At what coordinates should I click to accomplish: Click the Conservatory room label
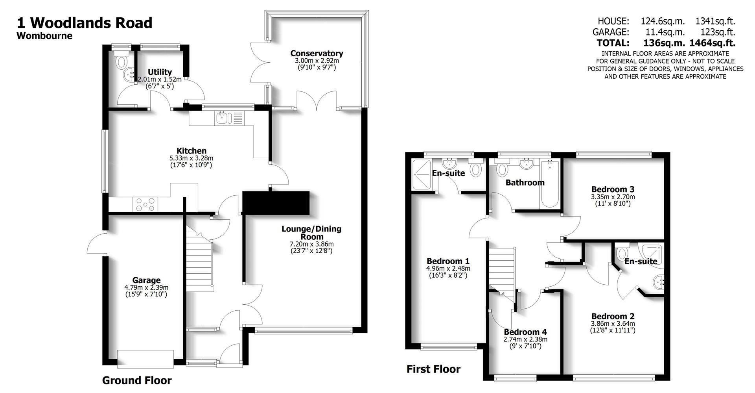[317, 53]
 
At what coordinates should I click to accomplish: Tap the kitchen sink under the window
[223, 118]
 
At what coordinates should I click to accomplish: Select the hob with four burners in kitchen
[145, 204]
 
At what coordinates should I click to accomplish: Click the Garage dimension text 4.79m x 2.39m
[146, 287]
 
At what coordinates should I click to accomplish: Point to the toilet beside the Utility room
[122, 62]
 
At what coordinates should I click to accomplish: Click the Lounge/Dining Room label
[311, 232]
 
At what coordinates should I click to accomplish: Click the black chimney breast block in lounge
[276, 203]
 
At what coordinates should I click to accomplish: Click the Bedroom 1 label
[448, 261]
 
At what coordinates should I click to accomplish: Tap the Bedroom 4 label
[525, 332]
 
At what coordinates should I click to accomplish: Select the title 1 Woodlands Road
[85, 23]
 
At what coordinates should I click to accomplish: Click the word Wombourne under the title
[44, 36]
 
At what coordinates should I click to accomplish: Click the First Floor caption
[433, 369]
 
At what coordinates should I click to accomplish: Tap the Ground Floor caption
[137, 380]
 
